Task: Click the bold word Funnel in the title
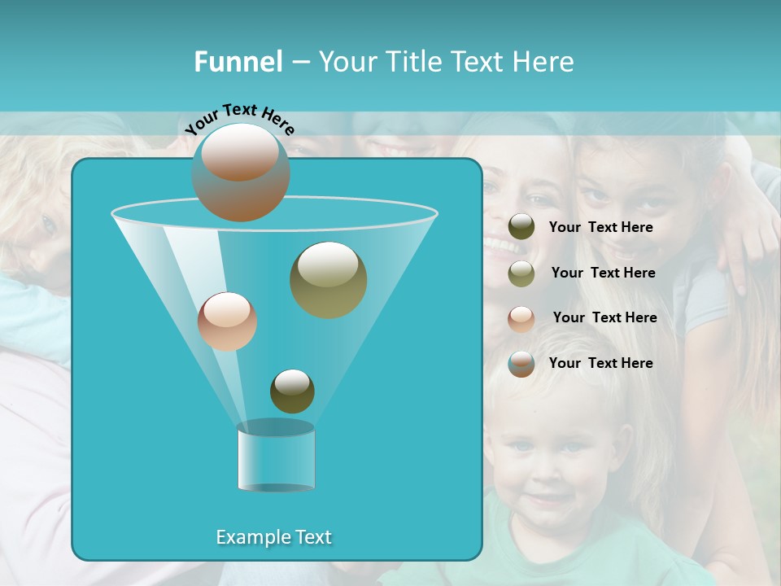pyautogui.click(x=238, y=61)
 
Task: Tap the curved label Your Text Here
pyautogui.click(x=240, y=118)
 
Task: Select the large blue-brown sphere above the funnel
pyautogui.click(x=241, y=173)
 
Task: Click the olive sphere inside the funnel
pyautogui.click(x=328, y=279)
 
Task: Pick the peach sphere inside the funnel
pyautogui.click(x=227, y=321)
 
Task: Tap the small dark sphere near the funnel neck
pyautogui.click(x=292, y=391)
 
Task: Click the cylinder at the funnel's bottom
pyautogui.click(x=276, y=457)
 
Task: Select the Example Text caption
pyautogui.click(x=273, y=537)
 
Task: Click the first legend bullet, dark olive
pyautogui.click(x=521, y=227)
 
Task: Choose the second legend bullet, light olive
pyautogui.click(x=521, y=273)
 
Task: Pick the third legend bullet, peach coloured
pyautogui.click(x=521, y=318)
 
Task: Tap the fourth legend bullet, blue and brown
pyautogui.click(x=521, y=364)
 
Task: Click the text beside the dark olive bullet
pyautogui.click(x=600, y=227)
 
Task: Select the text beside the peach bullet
pyautogui.click(x=604, y=317)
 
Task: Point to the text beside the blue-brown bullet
pyautogui.click(x=600, y=363)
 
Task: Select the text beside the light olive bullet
pyautogui.click(x=603, y=273)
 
